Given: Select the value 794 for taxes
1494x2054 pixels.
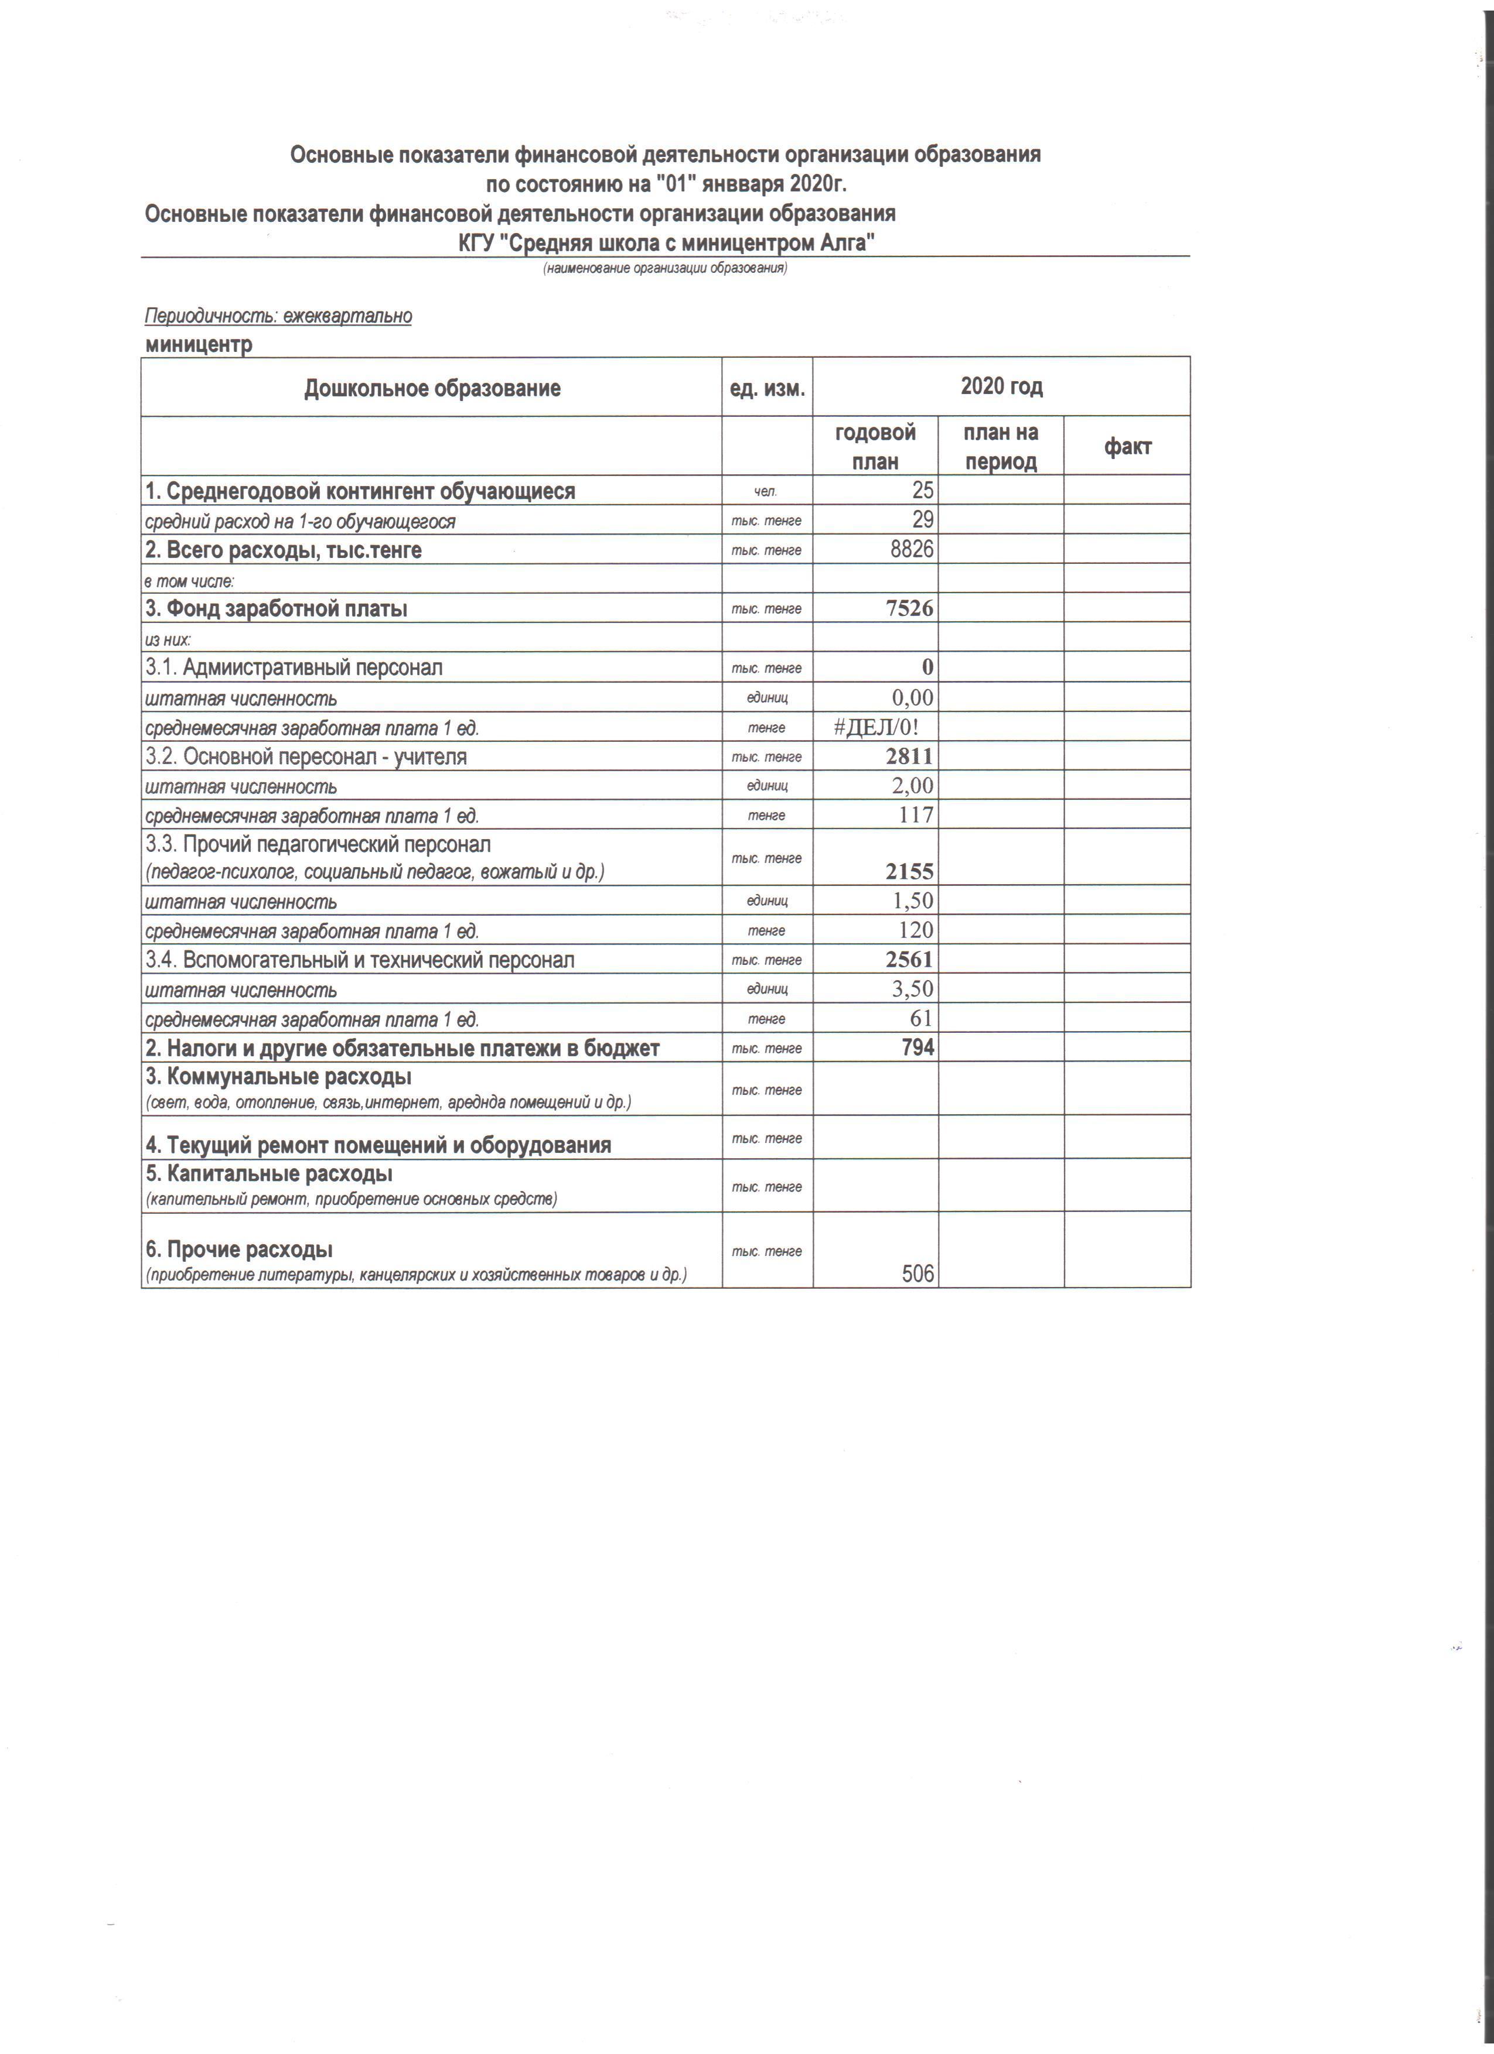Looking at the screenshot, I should click(x=916, y=1048).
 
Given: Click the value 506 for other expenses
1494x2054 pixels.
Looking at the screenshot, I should click(x=917, y=1274).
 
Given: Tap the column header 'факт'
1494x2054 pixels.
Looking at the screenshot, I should click(x=1127, y=447).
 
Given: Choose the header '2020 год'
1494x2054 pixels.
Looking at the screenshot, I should click(x=1001, y=386).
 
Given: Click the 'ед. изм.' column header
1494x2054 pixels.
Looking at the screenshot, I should click(x=766, y=389).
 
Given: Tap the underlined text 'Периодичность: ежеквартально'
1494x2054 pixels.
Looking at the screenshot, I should click(x=278, y=316).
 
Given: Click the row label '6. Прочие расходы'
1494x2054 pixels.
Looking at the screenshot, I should click(x=239, y=1249).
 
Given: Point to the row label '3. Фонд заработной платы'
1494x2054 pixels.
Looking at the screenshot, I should click(x=277, y=608).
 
